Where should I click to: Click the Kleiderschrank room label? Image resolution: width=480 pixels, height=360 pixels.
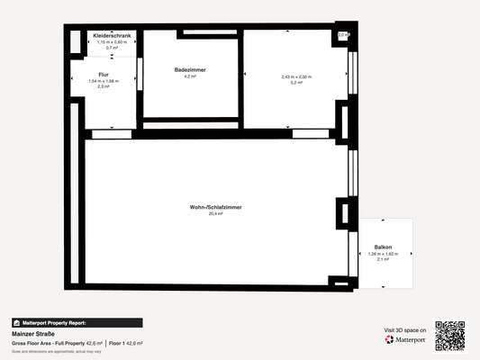(x=113, y=36)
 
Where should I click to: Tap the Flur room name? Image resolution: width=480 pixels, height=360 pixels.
(x=104, y=75)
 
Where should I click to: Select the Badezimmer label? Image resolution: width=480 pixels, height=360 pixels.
(x=191, y=69)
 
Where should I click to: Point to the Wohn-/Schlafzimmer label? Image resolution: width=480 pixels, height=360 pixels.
(x=215, y=207)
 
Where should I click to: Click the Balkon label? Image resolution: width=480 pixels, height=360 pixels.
(x=384, y=247)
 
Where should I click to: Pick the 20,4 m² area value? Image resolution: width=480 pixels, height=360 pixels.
(x=215, y=214)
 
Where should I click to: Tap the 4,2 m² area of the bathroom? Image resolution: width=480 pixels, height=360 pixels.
(x=190, y=76)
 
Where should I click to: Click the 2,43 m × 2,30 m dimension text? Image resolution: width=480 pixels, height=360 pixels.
(x=296, y=76)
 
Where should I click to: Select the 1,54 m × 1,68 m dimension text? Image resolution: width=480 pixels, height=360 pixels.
(x=104, y=81)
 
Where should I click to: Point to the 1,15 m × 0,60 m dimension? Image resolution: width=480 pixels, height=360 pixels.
(x=113, y=42)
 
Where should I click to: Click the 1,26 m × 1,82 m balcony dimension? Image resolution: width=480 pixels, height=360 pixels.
(x=384, y=254)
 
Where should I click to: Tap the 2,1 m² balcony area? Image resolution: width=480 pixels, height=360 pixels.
(x=384, y=260)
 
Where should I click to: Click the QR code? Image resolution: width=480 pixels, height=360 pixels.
(x=450, y=335)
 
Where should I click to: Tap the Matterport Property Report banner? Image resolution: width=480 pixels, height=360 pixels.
(x=76, y=322)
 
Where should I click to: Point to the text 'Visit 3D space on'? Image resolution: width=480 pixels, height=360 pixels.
(x=404, y=330)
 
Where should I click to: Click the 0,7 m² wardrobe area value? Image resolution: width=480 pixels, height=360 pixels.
(x=113, y=48)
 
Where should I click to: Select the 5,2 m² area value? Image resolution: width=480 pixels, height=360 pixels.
(x=296, y=83)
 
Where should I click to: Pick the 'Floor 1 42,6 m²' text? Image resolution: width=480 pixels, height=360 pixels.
(x=125, y=344)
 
